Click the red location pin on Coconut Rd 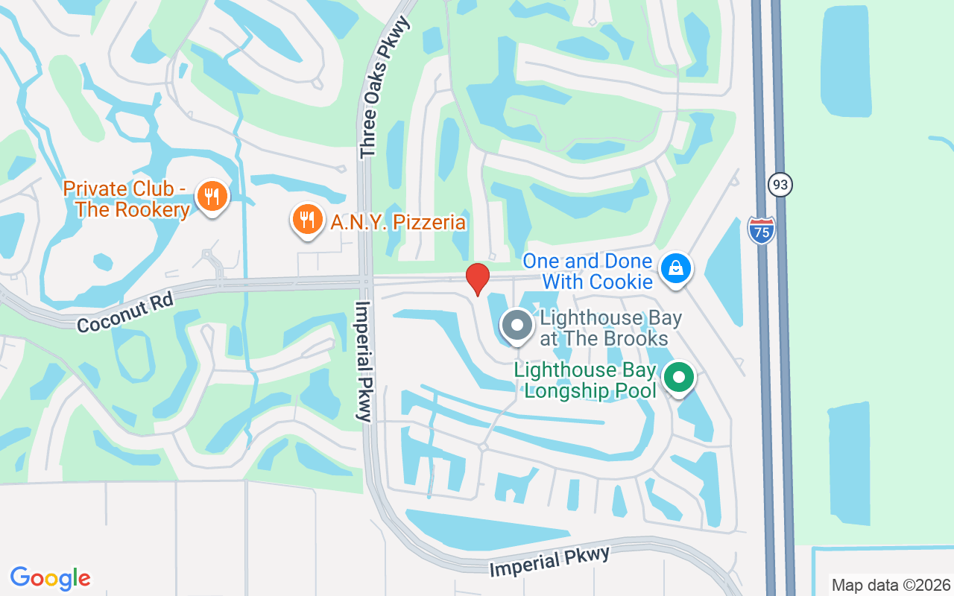(x=478, y=279)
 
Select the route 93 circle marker (x=780, y=185)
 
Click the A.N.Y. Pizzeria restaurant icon (x=306, y=220)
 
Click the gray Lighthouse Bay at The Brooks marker (x=516, y=326)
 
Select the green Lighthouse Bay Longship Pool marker (x=678, y=377)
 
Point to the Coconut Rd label (x=125, y=312)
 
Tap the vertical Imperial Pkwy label (x=364, y=361)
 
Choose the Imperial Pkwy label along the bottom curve (x=550, y=561)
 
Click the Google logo (x=51, y=577)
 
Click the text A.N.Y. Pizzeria (x=399, y=223)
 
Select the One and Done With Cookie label (x=588, y=271)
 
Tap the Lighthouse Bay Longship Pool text (x=586, y=380)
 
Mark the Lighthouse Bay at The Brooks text (x=604, y=329)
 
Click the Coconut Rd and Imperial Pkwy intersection (x=365, y=282)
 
